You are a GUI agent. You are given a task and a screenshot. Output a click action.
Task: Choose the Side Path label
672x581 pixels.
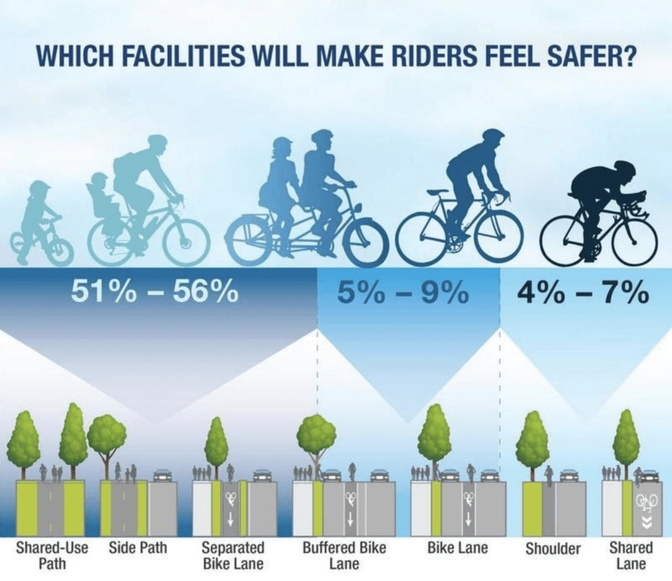point(138,548)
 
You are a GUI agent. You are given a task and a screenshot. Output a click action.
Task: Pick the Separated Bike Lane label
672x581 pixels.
point(233,555)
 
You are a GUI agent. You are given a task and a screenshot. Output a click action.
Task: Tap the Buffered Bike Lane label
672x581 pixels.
point(344,555)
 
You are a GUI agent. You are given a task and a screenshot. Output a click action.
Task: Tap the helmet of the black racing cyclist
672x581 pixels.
point(625,168)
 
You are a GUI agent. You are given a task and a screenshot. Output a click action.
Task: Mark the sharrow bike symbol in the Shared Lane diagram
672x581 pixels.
point(647,501)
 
